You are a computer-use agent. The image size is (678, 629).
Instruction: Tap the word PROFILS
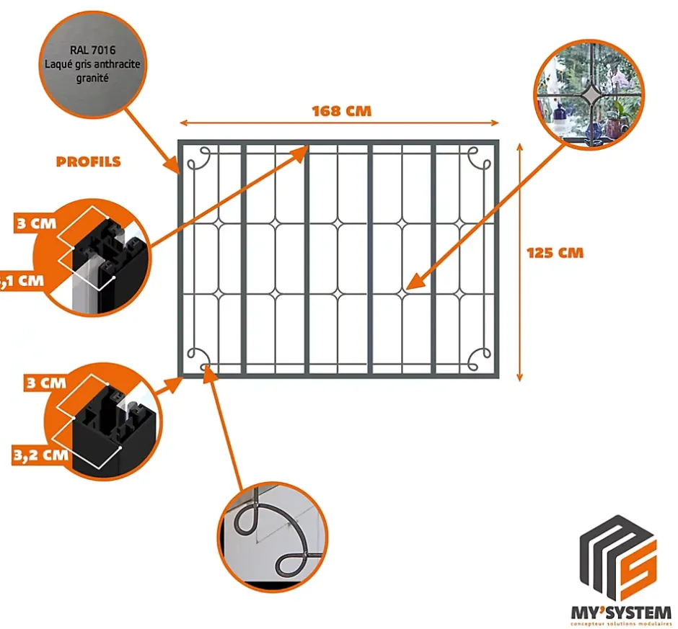click(88, 161)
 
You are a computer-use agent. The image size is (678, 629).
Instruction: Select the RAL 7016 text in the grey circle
click(91, 51)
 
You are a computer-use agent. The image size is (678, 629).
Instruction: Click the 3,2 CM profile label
click(40, 455)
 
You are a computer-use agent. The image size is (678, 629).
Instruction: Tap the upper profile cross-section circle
click(94, 256)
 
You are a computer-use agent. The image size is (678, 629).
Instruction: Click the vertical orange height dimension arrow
click(520, 260)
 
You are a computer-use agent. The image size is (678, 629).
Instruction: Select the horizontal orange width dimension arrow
click(338, 123)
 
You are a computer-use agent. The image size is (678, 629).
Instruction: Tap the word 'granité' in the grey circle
click(91, 77)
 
